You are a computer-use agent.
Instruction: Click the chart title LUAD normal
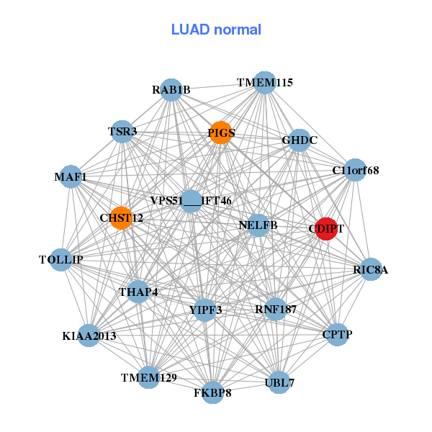216,30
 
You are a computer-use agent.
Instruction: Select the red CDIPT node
326,228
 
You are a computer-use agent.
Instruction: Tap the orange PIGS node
221,132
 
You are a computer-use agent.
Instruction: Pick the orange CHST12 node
121,217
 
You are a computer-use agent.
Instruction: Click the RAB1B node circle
171,90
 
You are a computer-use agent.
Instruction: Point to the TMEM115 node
265,82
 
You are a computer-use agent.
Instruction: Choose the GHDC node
300,140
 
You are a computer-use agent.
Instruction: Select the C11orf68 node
355,170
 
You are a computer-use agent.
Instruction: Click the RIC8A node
371,270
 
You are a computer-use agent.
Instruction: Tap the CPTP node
338,334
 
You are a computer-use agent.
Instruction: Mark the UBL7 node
279,382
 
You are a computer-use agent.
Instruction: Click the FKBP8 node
212,392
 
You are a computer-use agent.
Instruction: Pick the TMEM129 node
148,377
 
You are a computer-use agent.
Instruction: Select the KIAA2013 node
89,336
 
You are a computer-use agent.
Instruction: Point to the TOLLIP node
61,259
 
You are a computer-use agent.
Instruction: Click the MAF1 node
71,176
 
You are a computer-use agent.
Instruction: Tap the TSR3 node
122,132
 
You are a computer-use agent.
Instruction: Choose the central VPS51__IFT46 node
191,200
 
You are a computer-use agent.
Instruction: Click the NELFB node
258,225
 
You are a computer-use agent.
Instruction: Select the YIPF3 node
205,310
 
